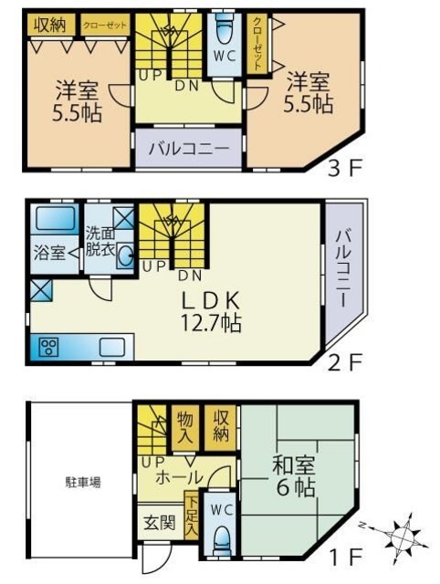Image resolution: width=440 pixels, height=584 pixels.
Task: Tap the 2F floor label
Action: coord(346,360)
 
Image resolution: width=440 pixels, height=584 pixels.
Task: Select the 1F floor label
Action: coord(348,553)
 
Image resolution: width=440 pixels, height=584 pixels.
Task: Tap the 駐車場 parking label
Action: coord(81,482)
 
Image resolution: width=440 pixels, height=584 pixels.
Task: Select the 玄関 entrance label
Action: coord(161,523)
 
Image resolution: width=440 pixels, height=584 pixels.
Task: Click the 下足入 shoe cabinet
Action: coord(191,517)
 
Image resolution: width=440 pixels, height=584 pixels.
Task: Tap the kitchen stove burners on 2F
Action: coord(49,347)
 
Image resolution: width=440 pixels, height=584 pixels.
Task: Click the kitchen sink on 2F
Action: coord(113,347)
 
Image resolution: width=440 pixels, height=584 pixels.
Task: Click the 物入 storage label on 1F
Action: coord(185,426)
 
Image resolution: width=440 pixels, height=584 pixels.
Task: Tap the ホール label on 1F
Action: coord(179,476)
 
